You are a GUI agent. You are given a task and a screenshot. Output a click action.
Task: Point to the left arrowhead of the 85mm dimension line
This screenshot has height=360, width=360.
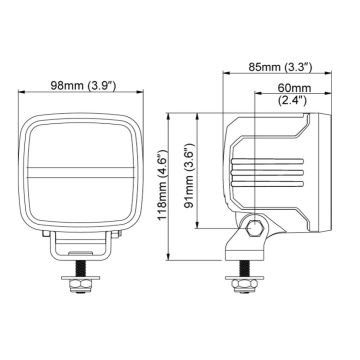[224, 77]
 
